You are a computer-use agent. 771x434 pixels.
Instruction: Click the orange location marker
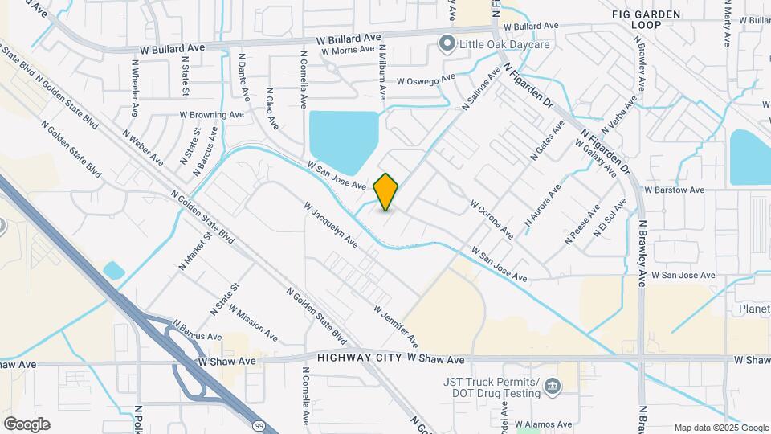(385, 191)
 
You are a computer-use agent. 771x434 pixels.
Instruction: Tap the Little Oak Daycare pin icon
(447, 43)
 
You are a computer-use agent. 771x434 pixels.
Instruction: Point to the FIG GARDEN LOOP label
(646, 19)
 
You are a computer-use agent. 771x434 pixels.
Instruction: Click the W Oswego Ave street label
(426, 80)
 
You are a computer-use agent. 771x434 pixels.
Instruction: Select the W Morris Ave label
(348, 50)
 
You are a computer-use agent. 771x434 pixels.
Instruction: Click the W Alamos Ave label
(544, 424)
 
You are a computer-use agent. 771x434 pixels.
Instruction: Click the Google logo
(27, 424)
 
